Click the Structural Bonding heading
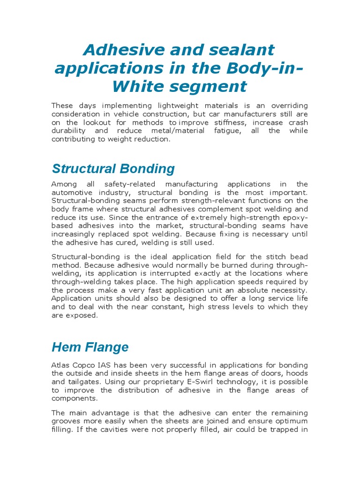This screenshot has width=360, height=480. pos(113,169)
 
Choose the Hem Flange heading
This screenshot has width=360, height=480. pos(90,347)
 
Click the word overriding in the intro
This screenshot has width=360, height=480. pos(287,105)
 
